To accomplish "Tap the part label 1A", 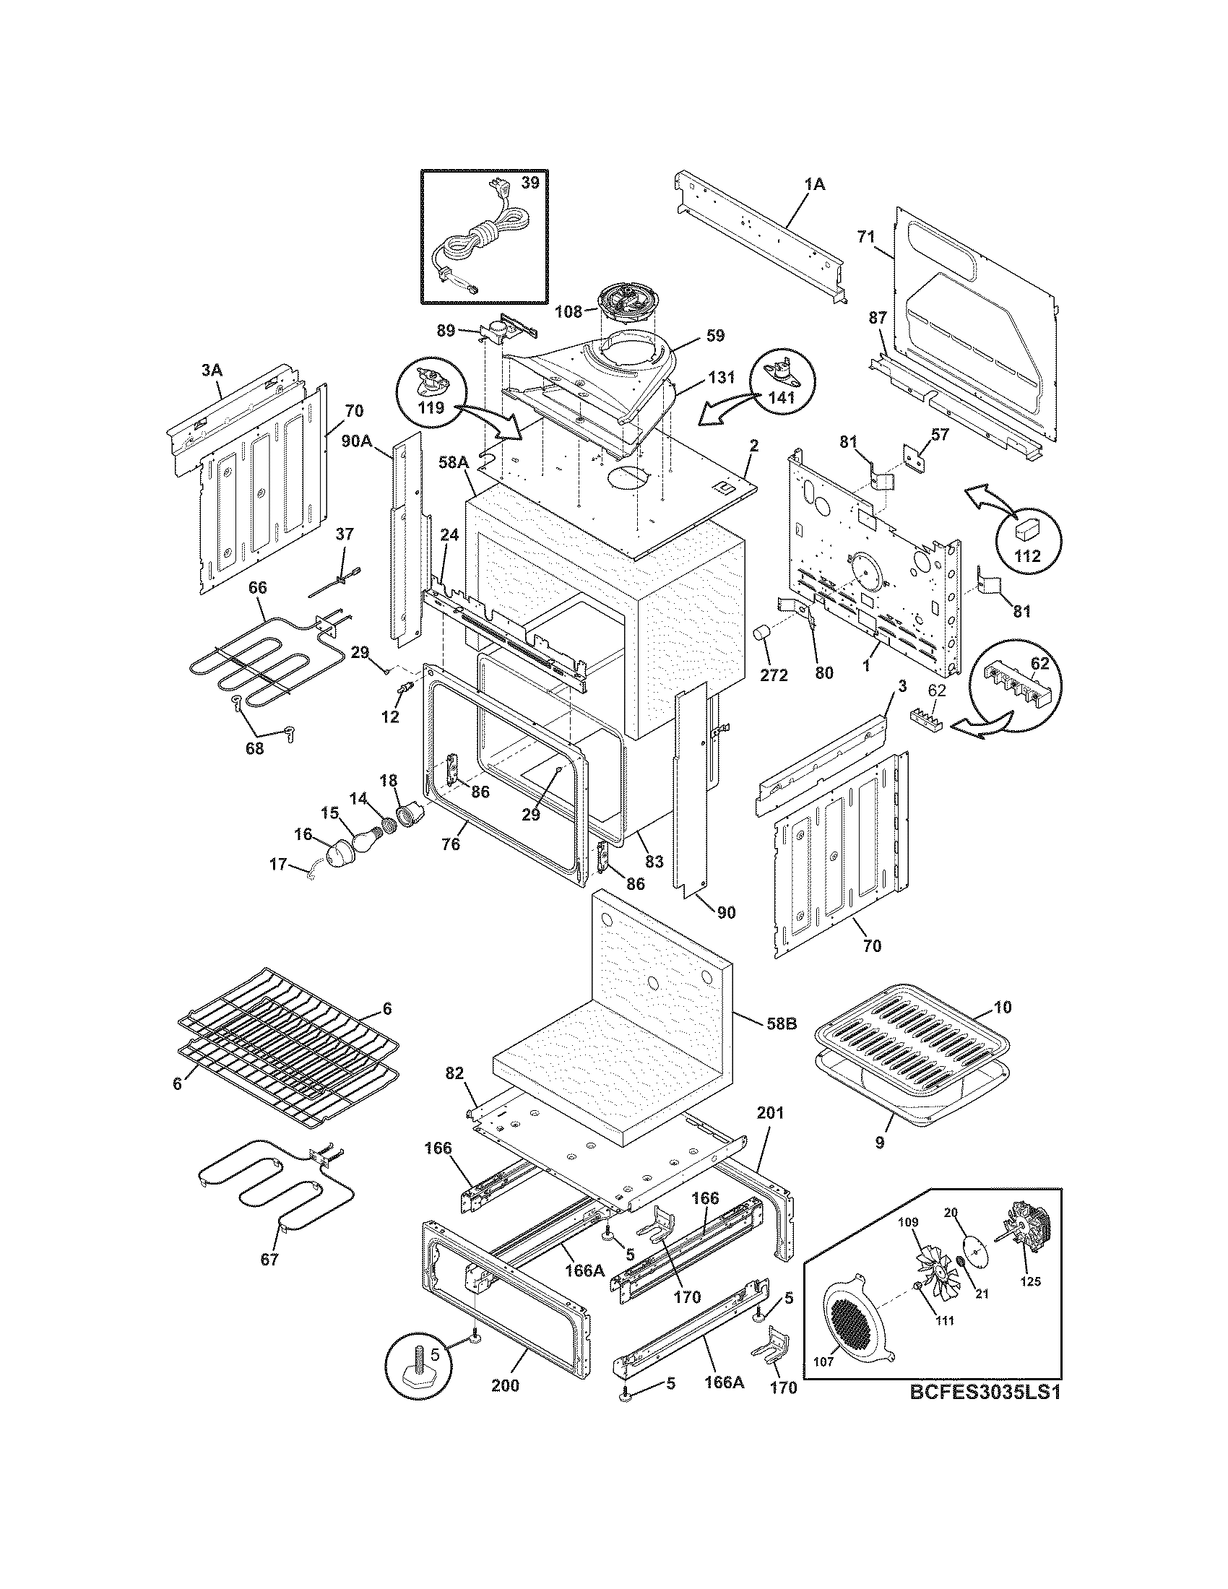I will (x=816, y=185).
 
